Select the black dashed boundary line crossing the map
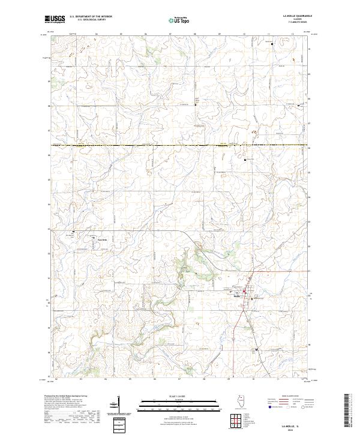[180, 145]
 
